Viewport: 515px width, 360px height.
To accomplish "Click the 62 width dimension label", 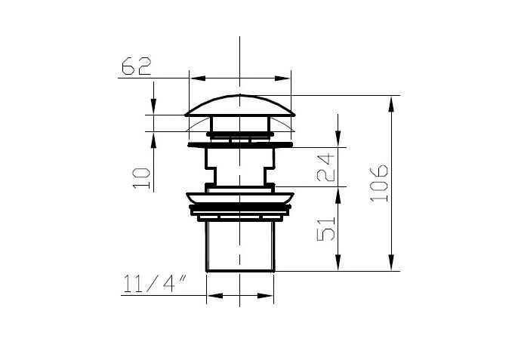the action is [x=137, y=66].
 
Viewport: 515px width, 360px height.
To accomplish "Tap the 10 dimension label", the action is [x=142, y=179].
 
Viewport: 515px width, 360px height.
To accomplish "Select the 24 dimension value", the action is [x=325, y=168].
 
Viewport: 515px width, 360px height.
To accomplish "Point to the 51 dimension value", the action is [x=325, y=229].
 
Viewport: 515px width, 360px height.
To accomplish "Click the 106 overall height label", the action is [x=378, y=183].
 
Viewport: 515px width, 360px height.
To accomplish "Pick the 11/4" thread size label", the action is [x=155, y=284].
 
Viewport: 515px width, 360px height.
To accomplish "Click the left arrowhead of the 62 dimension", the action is [x=198, y=78].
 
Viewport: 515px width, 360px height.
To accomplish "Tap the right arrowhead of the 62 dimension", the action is [x=282, y=78].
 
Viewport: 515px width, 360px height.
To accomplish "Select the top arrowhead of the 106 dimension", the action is [x=391, y=104].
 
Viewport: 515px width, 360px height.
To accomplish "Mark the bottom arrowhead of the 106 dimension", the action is [x=391, y=263].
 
